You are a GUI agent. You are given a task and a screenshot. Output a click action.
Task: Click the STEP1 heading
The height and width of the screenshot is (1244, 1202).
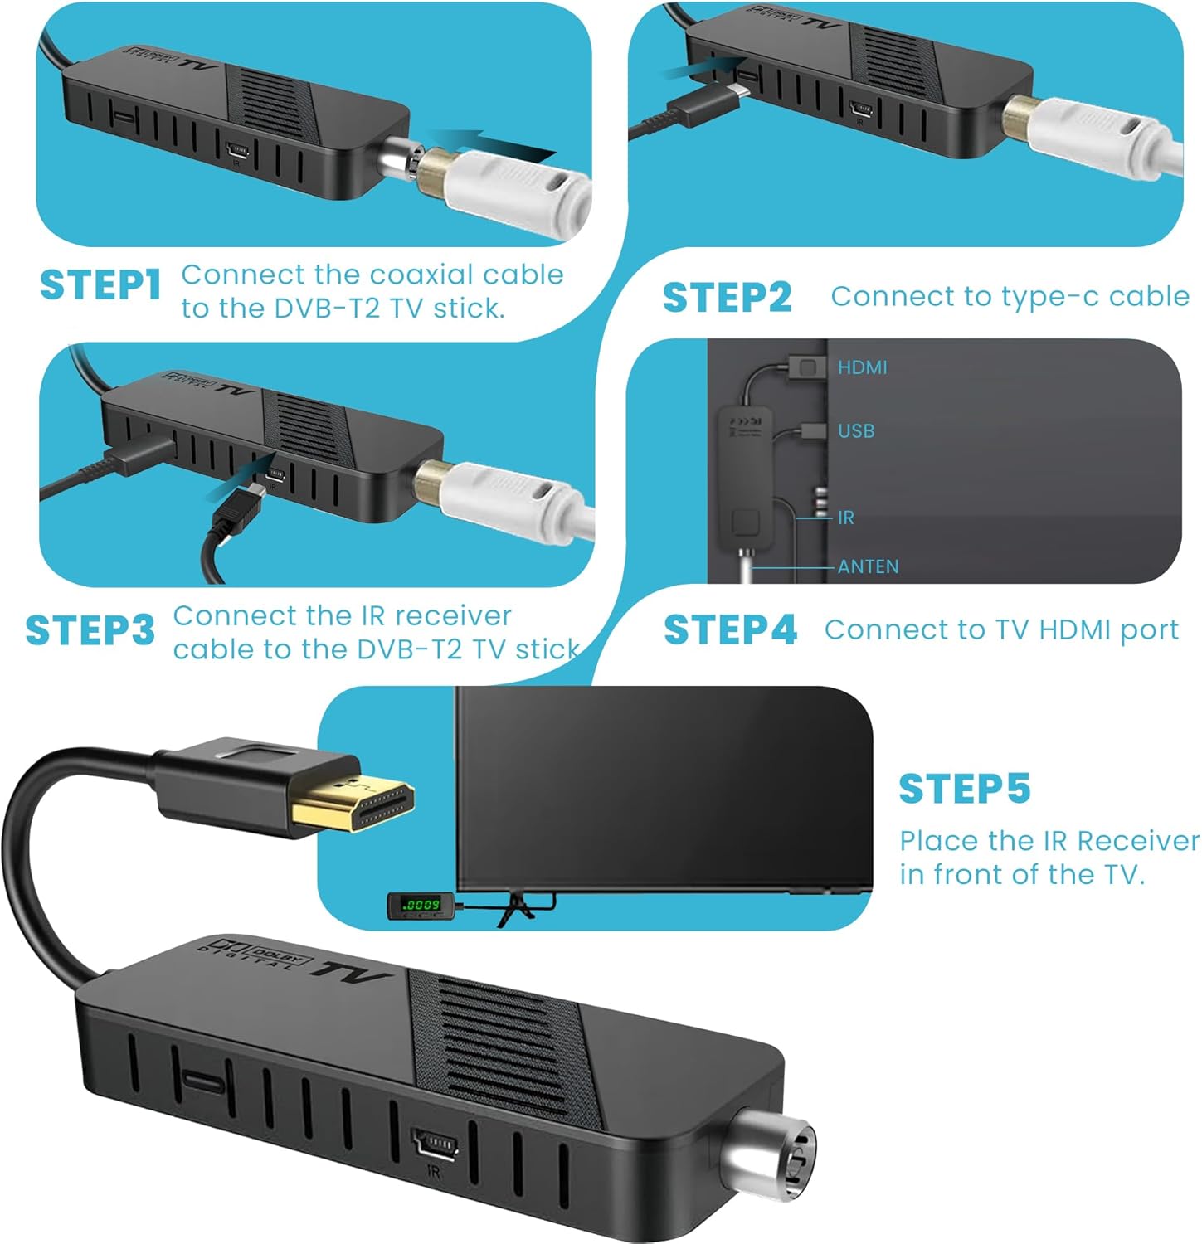pyautogui.click(x=100, y=284)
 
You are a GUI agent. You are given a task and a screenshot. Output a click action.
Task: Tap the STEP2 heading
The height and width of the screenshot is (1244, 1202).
pyautogui.click(x=728, y=297)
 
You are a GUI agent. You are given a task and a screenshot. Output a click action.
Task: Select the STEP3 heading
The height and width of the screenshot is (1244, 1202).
pyautogui.click(x=90, y=630)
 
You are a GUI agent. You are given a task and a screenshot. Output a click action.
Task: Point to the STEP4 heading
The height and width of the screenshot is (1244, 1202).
pyautogui.click(x=730, y=629)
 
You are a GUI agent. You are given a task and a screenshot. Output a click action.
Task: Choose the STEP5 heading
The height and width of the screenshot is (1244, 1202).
pyautogui.click(x=965, y=788)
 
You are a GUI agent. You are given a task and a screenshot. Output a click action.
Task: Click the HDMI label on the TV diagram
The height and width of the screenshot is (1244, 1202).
pyautogui.click(x=862, y=367)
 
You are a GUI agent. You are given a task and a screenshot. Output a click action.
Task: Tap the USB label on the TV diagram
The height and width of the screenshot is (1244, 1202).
pyautogui.click(x=856, y=431)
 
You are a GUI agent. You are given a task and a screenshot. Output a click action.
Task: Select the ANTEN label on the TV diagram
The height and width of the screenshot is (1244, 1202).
pyautogui.click(x=869, y=566)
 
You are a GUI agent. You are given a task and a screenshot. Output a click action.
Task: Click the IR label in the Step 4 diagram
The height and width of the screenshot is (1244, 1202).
pyautogui.click(x=845, y=518)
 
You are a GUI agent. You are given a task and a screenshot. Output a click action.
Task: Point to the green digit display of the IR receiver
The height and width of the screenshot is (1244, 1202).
pyautogui.click(x=420, y=904)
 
